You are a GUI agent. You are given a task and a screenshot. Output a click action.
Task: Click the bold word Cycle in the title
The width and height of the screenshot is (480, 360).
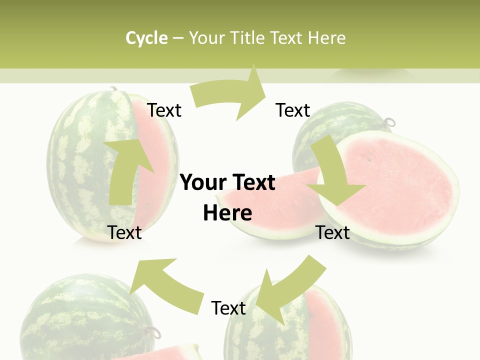(146, 38)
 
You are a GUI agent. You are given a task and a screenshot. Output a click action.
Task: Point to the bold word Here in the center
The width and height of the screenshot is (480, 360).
(227, 213)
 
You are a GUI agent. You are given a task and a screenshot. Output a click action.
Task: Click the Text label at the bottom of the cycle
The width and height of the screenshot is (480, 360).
(228, 308)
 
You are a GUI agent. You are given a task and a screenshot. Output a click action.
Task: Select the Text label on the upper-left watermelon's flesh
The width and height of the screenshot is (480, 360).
(164, 110)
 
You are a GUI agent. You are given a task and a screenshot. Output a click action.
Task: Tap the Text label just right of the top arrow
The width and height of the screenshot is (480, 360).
(293, 110)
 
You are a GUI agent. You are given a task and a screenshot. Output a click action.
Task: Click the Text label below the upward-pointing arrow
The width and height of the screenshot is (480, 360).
(125, 232)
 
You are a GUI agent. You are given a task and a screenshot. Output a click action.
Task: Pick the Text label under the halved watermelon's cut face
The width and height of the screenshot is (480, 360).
(333, 232)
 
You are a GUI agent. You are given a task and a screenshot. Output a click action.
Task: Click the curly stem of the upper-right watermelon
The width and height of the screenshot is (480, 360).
(389, 122)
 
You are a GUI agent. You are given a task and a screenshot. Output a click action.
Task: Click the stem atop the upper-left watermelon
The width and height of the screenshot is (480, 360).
(113, 89)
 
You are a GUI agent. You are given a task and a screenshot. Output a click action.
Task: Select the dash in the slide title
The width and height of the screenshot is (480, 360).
(178, 38)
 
